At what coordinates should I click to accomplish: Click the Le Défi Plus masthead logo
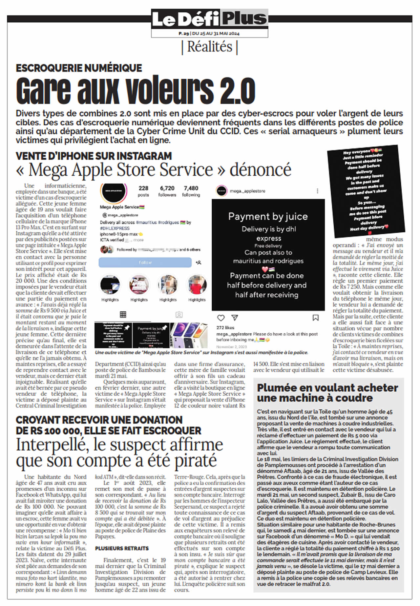point(209,19)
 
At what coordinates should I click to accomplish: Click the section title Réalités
point(210,47)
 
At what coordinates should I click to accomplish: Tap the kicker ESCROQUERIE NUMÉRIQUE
point(79,68)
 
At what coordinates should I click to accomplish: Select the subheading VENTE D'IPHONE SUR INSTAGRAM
point(94,156)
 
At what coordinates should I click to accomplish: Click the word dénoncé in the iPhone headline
point(260,170)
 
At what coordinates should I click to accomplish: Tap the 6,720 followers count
point(167,188)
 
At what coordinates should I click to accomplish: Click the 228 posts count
point(143,188)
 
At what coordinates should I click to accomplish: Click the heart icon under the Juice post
point(221,318)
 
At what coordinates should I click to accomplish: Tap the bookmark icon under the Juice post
point(315,318)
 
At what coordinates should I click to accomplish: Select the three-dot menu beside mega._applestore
point(317,191)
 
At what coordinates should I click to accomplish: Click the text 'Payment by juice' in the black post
point(268,216)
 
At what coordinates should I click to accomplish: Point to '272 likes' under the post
point(225,327)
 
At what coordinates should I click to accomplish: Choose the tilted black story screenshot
point(366,191)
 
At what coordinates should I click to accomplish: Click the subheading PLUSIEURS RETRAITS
point(122,548)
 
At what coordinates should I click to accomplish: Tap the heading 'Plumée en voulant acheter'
point(327,388)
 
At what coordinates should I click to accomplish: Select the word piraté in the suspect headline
point(195,460)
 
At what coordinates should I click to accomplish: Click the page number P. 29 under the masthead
point(184,33)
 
